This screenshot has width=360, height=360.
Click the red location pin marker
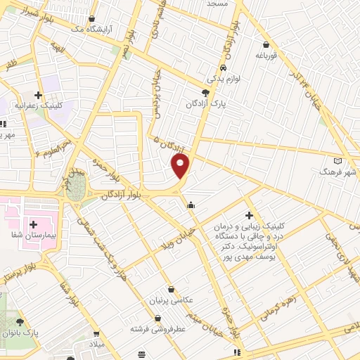click(x=181, y=166)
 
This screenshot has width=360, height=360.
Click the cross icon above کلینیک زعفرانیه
click(x=39, y=95)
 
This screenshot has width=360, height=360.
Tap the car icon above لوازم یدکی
click(x=223, y=68)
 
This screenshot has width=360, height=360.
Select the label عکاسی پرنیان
click(x=172, y=300)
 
